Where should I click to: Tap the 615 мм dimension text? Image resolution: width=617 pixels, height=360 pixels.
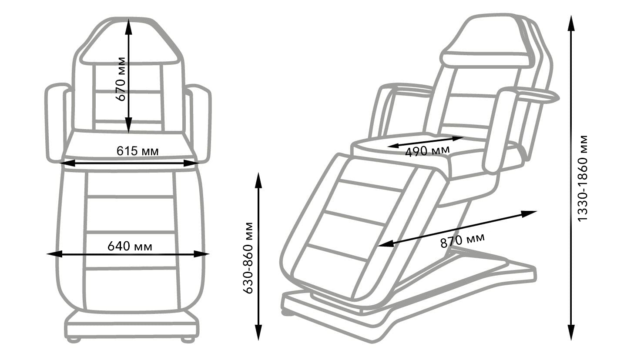(x=137, y=151)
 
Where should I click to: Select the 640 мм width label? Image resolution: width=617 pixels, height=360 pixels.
(x=130, y=247)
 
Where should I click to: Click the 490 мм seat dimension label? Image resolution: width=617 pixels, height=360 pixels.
(x=427, y=151)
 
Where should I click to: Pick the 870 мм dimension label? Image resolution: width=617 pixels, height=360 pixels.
(x=463, y=240)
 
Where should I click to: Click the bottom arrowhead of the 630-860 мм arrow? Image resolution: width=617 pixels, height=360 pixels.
(x=258, y=332)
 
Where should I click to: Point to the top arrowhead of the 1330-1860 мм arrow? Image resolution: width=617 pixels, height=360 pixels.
(x=572, y=23)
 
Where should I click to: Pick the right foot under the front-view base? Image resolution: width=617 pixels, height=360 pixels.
(x=188, y=340)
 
